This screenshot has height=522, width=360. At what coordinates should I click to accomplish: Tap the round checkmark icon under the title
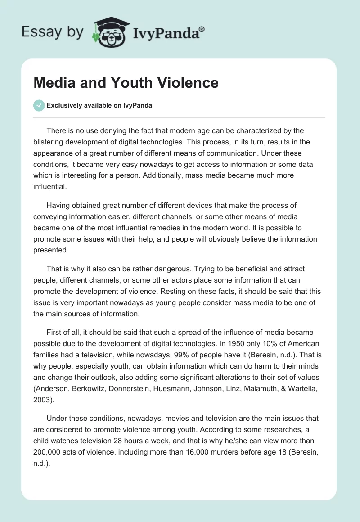pos(39,105)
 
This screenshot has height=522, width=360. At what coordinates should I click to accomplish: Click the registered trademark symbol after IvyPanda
pos(202,29)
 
